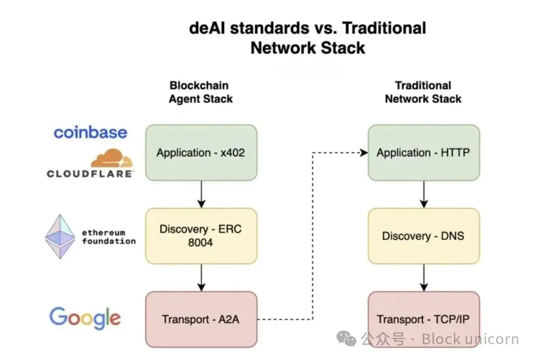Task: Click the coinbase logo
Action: coord(90,132)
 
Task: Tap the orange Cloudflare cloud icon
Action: coord(112,159)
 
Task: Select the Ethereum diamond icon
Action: coord(60,237)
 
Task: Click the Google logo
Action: coord(85,318)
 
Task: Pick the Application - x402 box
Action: coord(201,153)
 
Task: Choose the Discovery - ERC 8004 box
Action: coord(201,236)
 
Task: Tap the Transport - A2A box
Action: coord(201,319)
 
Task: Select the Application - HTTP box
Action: coord(423,153)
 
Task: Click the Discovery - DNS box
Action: coord(423,236)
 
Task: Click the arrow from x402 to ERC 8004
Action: coord(201,194)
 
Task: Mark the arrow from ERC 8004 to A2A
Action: coord(201,278)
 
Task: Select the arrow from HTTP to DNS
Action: coord(423,194)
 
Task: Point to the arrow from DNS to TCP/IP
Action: coord(423,278)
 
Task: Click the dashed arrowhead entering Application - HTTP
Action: coord(364,153)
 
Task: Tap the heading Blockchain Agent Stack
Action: coord(201,92)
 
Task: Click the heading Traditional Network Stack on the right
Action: coord(423,92)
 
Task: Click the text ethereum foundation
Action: coord(109,237)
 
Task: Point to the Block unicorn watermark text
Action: coord(470,339)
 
